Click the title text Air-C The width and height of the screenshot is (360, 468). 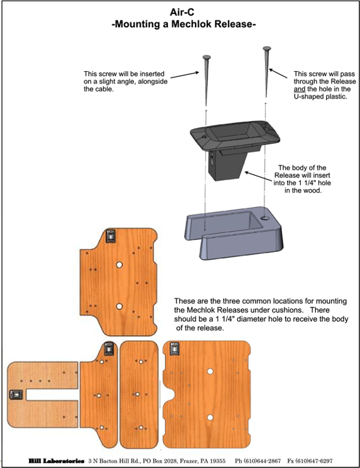pyautogui.click(x=182, y=12)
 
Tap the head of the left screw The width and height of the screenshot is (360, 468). pyautogui.click(x=206, y=57)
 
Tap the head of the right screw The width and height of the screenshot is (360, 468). pyautogui.click(x=267, y=49)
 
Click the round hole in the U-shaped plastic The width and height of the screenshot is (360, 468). pyautogui.click(x=264, y=218)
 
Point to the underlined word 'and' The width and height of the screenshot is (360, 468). pyautogui.click(x=299, y=89)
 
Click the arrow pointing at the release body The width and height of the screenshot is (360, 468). pyautogui.click(x=259, y=176)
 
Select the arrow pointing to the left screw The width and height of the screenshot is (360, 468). pyautogui.click(x=184, y=74)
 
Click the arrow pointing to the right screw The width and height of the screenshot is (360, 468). pyautogui.click(x=278, y=74)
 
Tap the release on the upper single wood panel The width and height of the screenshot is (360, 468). pyautogui.click(x=111, y=236)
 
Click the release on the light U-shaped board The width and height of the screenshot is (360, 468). pyautogui.click(x=16, y=395)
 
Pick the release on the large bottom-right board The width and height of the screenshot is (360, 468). pyautogui.click(x=174, y=348)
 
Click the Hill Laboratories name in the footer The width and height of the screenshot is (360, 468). pyautogui.click(x=57, y=461)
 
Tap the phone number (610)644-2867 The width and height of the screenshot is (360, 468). pyautogui.click(x=257, y=461)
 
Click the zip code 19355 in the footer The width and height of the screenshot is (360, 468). pyautogui.click(x=217, y=461)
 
